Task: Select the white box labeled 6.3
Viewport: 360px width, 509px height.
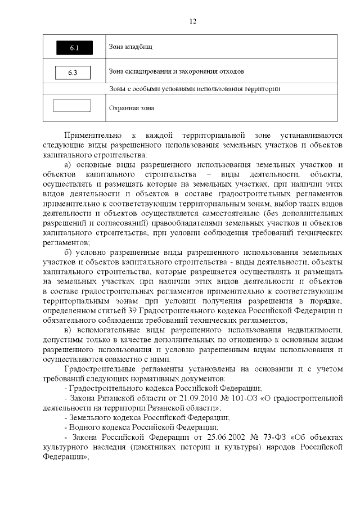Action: [73, 73]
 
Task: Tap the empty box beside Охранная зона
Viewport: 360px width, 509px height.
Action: [71, 106]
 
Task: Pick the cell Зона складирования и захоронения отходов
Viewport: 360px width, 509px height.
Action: [175, 72]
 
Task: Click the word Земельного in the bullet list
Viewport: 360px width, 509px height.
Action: [93, 418]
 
